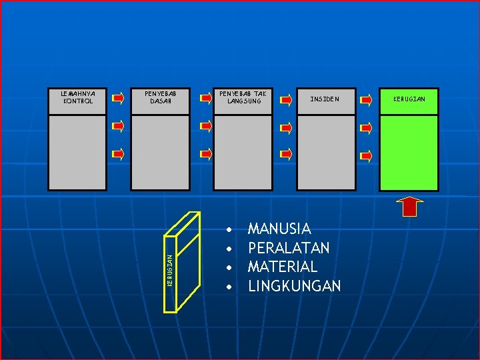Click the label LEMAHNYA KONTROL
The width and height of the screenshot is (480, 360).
[78, 97]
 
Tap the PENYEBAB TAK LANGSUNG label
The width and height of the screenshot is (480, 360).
[243, 97]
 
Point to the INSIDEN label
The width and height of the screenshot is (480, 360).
[325, 99]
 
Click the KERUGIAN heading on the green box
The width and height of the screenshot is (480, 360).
[409, 99]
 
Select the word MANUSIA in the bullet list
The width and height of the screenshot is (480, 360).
[279, 229]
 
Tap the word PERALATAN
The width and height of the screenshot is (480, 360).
[288, 248]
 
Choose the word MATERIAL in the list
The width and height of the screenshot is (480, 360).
[282, 267]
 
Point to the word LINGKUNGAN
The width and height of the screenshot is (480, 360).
[294, 286]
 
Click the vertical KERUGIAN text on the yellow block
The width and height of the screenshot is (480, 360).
[170, 270]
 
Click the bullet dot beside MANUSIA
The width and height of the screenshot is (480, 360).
[229, 230]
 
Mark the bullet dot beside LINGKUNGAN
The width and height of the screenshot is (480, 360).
[229, 287]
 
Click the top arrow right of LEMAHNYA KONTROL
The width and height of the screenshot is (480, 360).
[118, 98]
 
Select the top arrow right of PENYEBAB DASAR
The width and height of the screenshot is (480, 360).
[207, 98]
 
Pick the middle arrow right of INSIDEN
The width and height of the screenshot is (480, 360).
[366, 127]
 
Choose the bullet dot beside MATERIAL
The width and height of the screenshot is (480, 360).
[229, 268]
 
